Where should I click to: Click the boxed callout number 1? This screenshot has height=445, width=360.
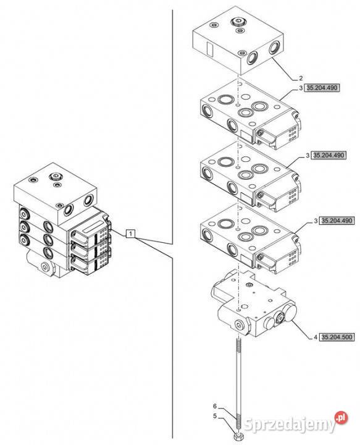coord(130,234)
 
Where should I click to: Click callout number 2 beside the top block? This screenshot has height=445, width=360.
coord(301,78)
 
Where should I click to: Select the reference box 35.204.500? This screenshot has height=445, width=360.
coord(337,337)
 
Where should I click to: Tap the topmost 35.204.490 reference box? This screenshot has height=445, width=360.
coord(322,88)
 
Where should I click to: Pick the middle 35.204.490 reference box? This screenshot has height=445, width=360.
coord(329,155)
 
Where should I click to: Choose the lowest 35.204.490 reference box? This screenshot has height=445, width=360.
coord(337,221)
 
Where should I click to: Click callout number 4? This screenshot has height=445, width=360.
coord(316,337)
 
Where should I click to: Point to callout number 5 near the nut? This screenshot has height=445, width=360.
coord(215,416)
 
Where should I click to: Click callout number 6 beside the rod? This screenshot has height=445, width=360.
coord(215,407)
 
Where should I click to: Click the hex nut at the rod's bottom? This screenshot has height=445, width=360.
coord(238,436)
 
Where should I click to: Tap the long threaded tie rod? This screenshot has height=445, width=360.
coord(238,384)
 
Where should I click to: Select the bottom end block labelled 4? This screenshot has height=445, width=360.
coord(254,303)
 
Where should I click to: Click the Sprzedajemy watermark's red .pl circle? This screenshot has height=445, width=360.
coord(341,418)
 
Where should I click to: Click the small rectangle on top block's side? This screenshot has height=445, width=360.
coord(209,49)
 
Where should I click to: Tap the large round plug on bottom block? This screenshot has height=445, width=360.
coord(291,313)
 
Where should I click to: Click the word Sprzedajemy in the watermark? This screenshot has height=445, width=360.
coord(290,424)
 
